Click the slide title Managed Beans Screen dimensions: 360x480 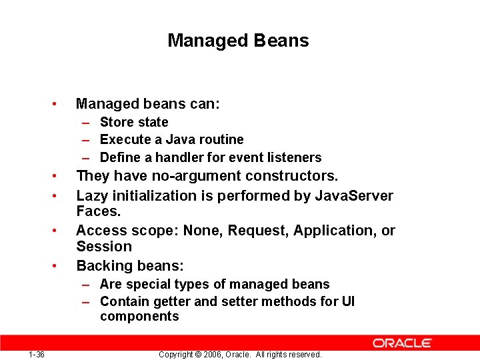(x=238, y=41)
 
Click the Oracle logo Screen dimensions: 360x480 (x=402, y=343)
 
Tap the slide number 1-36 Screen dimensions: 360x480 (x=37, y=354)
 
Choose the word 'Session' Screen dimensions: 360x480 (x=104, y=246)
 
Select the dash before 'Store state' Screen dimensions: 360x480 (x=87, y=123)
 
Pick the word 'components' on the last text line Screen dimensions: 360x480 (x=139, y=317)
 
